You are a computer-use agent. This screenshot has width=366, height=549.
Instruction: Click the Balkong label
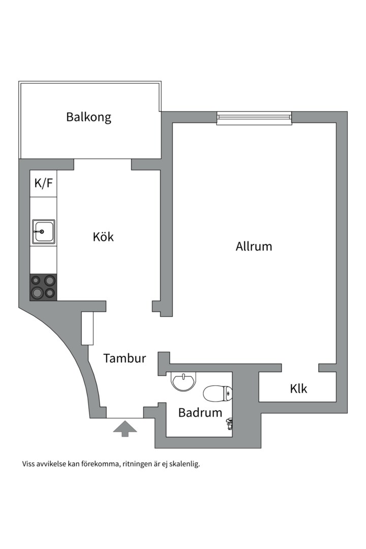click(x=88, y=117)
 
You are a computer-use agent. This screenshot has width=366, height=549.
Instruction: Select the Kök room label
click(x=103, y=237)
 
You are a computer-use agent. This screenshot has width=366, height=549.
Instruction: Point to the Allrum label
click(x=254, y=247)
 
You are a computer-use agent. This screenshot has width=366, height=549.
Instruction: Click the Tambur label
click(x=125, y=358)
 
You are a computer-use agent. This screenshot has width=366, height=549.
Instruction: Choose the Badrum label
click(x=200, y=413)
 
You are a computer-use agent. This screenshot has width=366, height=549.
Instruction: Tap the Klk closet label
click(x=299, y=389)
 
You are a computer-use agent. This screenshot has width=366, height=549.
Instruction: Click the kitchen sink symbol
click(x=43, y=232)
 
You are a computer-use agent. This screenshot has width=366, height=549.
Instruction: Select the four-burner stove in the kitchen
click(x=43, y=287)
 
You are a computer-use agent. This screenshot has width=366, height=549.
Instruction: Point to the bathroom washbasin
click(x=182, y=381)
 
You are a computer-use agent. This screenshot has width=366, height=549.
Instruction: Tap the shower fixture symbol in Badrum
click(x=230, y=423)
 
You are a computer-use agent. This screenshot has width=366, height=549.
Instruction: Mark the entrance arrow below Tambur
click(x=125, y=429)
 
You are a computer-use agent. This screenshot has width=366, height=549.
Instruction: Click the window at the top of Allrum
click(x=254, y=118)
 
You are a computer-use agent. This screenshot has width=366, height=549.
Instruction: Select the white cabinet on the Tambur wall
click(x=88, y=329)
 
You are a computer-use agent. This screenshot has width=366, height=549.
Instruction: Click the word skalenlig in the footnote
click(x=182, y=464)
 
